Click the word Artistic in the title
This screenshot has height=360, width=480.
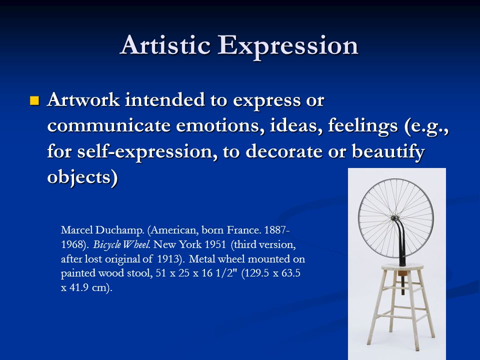point(165,45)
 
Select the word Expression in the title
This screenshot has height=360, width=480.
point(288,46)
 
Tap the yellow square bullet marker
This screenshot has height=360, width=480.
point(34,100)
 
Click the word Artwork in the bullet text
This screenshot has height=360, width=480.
point(83,100)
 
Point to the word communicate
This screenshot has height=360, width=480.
point(108,125)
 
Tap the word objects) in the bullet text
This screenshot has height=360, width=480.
point(82,177)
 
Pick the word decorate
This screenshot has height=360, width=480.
point(284,151)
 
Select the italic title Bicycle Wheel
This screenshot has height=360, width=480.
point(121,244)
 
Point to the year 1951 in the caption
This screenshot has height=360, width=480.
point(215,244)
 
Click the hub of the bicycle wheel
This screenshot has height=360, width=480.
point(395,218)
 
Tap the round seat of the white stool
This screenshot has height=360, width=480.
point(402,267)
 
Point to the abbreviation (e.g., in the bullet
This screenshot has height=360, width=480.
point(426,126)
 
